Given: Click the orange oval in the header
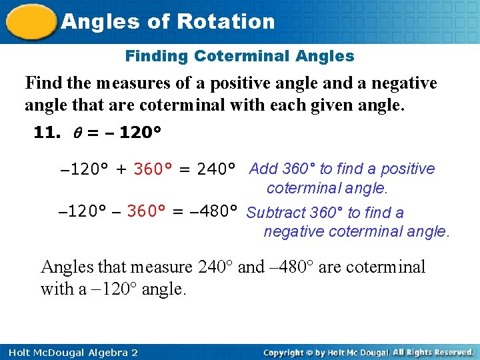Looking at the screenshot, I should [31, 22].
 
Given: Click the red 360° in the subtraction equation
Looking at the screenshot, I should [146, 211].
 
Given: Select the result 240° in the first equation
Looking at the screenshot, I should [217, 169].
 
